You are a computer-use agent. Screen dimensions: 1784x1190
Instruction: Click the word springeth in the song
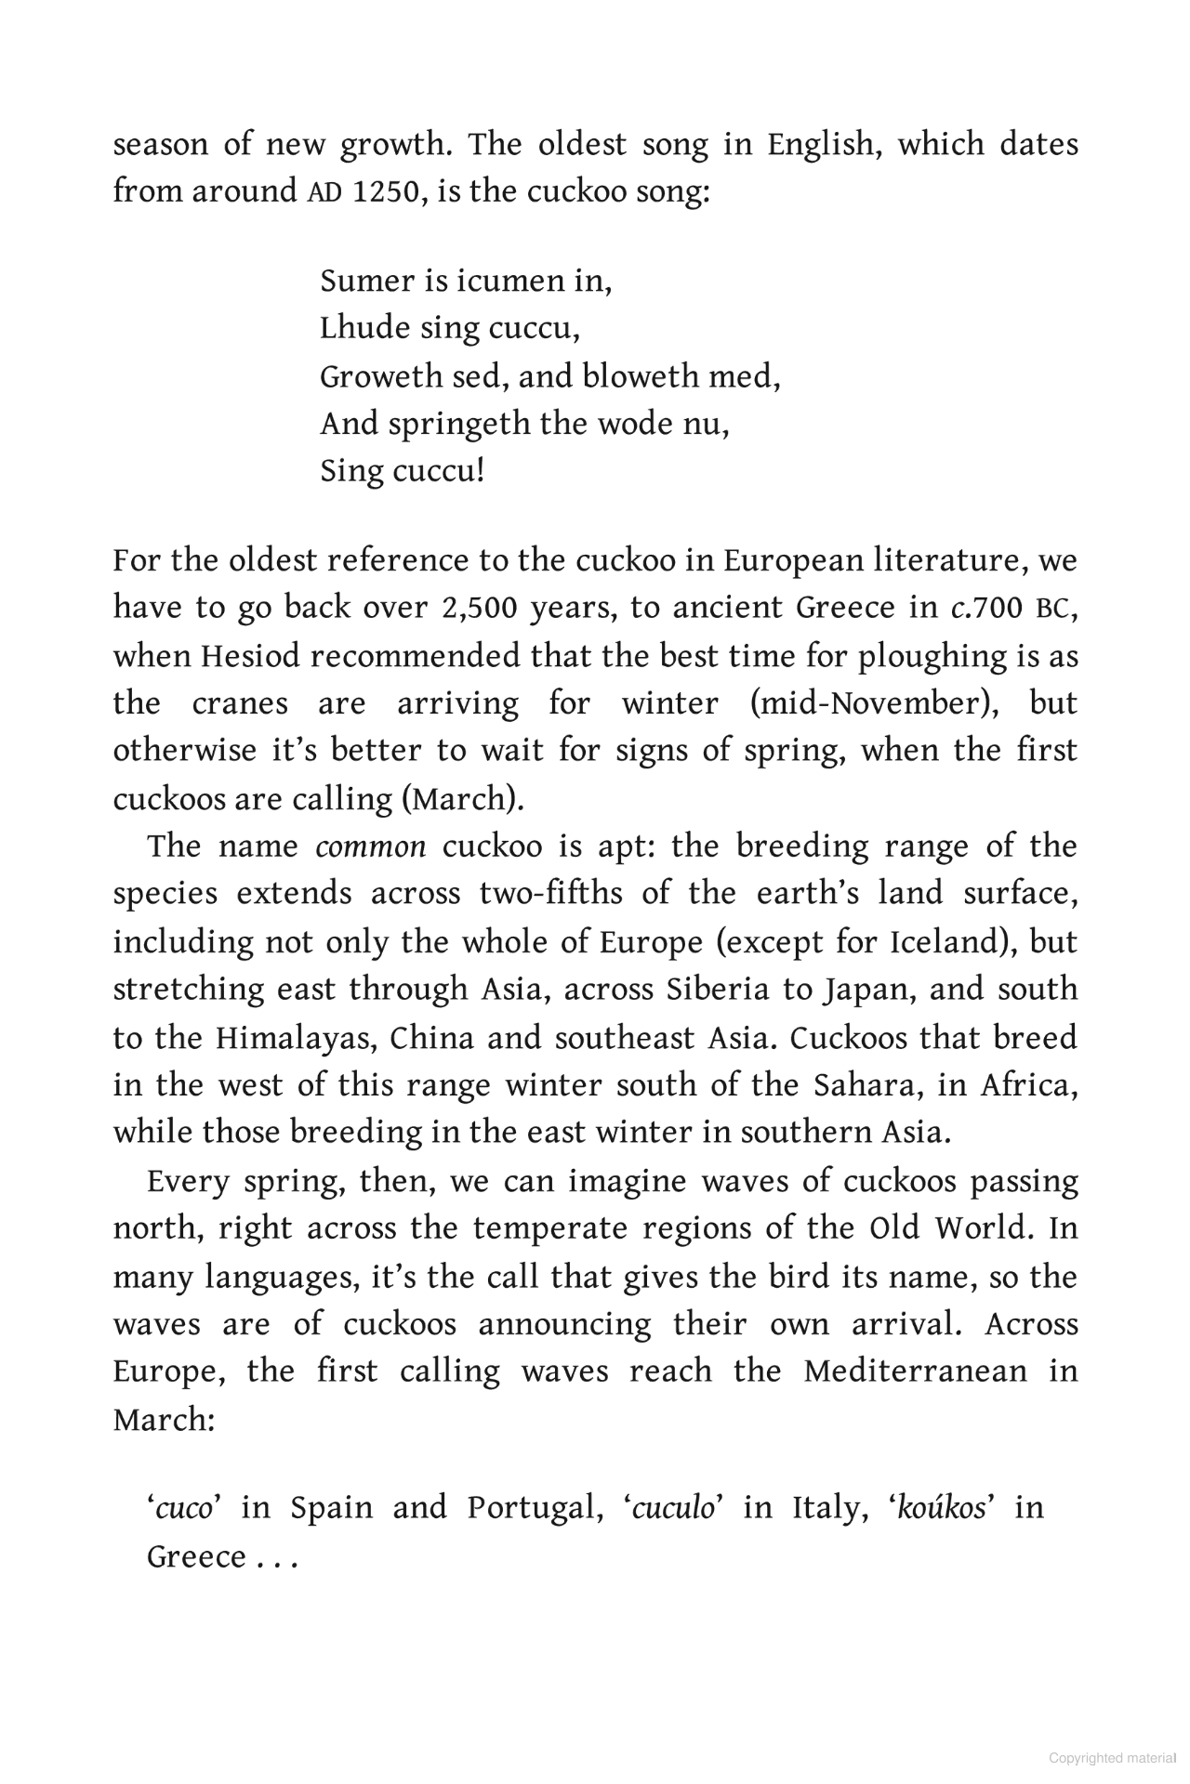[459, 424]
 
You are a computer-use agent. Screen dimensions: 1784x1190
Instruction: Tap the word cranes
[240, 703]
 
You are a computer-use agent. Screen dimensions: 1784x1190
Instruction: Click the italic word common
[371, 846]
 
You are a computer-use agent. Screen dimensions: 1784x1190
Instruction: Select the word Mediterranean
[916, 1371]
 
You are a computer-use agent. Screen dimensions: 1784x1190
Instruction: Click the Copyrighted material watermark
[1111, 1758]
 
